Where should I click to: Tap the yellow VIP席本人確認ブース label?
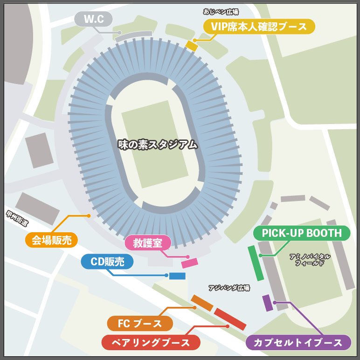pyautogui.click(x=259, y=27)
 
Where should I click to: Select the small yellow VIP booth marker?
pyautogui.click(x=192, y=45)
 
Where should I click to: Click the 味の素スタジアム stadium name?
pyautogui.click(x=158, y=145)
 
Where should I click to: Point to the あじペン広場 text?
pyautogui.click(x=221, y=11)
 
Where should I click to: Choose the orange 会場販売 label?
pyautogui.click(x=51, y=240)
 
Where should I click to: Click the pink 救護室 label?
pyautogui.click(x=148, y=243)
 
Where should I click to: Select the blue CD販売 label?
pyautogui.click(x=107, y=262)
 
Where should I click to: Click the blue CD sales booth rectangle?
pyautogui.click(x=177, y=276)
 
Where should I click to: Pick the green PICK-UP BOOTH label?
pyautogui.click(x=301, y=233)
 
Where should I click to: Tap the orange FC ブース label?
pyautogui.click(x=140, y=323)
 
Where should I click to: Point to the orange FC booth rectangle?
pyautogui.click(x=202, y=303)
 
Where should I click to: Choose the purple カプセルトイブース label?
pyautogui.click(x=298, y=343)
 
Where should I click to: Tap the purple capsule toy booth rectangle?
pyautogui.click(x=267, y=303)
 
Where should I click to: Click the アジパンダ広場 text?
pyautogui.click(x=229, y=288)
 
